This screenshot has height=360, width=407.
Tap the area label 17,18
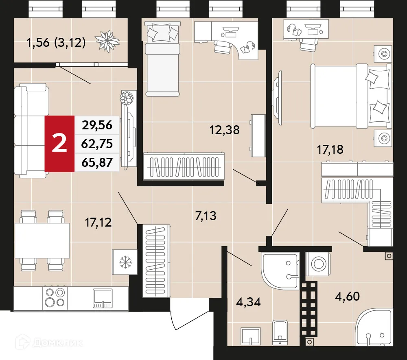[x=330, y=150]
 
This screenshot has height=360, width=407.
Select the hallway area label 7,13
[x=206, y=216]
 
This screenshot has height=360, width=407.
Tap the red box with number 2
[x=60, y=144]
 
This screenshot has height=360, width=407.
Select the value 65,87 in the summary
[x=97, y=162]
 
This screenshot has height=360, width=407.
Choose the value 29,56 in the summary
[x=97, y=125]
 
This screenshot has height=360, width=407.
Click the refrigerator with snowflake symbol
[x=123, y=262]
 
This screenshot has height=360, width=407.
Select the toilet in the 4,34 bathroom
[x=280, y=331]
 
